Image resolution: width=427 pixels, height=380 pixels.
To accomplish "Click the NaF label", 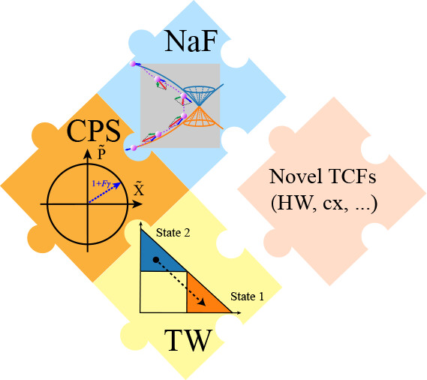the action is (x=191, y=41).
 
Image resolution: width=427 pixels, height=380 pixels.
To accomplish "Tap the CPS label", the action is (x=93, y=131).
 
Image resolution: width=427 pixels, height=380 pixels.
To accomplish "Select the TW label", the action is (x=188, y=341).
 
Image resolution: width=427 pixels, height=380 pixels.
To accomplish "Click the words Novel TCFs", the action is (x=323, y=176).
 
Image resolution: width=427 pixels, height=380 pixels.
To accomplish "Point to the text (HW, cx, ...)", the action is (x=324, y=203).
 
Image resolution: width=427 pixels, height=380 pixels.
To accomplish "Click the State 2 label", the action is (x=173, y=233).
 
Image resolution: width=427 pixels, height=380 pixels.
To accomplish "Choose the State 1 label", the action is (x=247, y=297).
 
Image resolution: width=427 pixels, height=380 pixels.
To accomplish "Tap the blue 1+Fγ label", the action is (x=101, y=183).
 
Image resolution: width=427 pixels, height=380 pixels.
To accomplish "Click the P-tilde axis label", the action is (x=101, y=153).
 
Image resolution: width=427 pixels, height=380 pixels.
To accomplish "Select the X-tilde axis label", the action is (x=139, y=188).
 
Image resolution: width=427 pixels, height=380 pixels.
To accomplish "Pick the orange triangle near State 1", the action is (x=203, y=296).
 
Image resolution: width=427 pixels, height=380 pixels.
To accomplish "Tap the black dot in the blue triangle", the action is (x=155, y=260).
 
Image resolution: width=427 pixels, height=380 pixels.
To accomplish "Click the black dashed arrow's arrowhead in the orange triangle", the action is (x=203, y=303).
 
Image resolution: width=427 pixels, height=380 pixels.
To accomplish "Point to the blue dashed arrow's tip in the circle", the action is (x=119, y=184).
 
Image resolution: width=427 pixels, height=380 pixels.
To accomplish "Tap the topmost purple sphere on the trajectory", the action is (x=133, y=64).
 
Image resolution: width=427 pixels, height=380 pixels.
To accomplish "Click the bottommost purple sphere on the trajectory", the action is (x=134, y=148).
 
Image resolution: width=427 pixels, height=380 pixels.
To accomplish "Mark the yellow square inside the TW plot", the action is (x=164, y=292).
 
